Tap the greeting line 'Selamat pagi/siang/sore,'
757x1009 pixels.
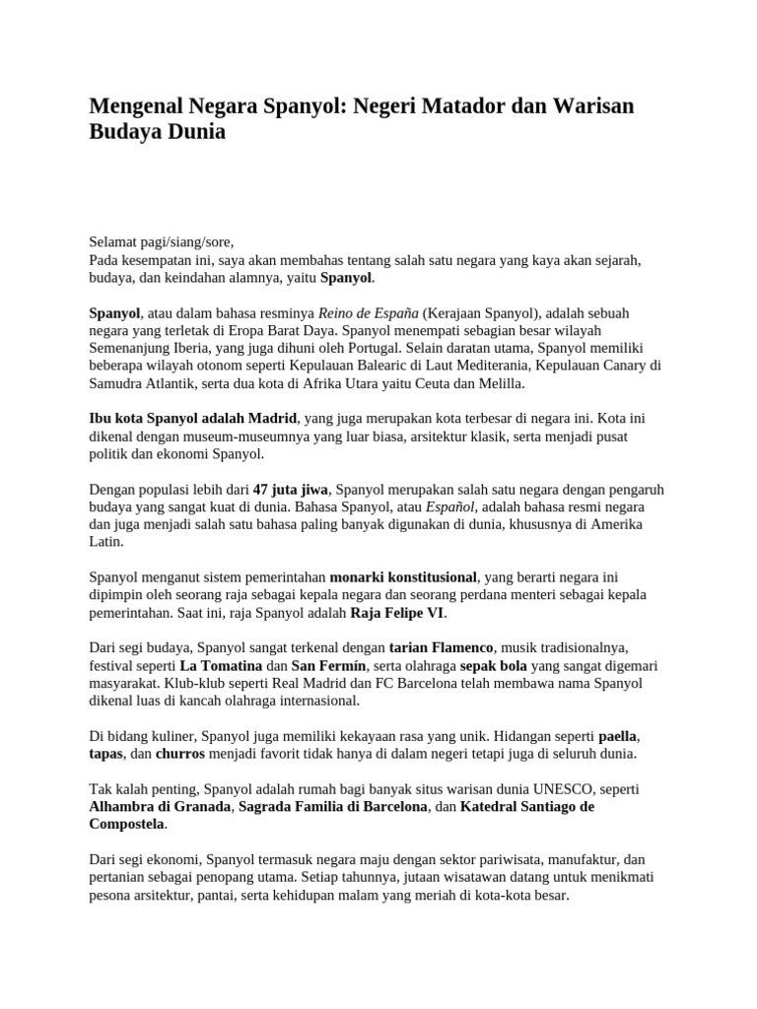pos(163,241)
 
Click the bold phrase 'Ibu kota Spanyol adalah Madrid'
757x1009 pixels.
pos(193,419)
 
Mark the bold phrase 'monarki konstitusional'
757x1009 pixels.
pos(403,576)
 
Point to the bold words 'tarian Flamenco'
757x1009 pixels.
pos(441,647)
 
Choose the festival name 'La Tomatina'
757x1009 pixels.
pos(207,665)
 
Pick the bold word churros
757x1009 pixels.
pos(179,754)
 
